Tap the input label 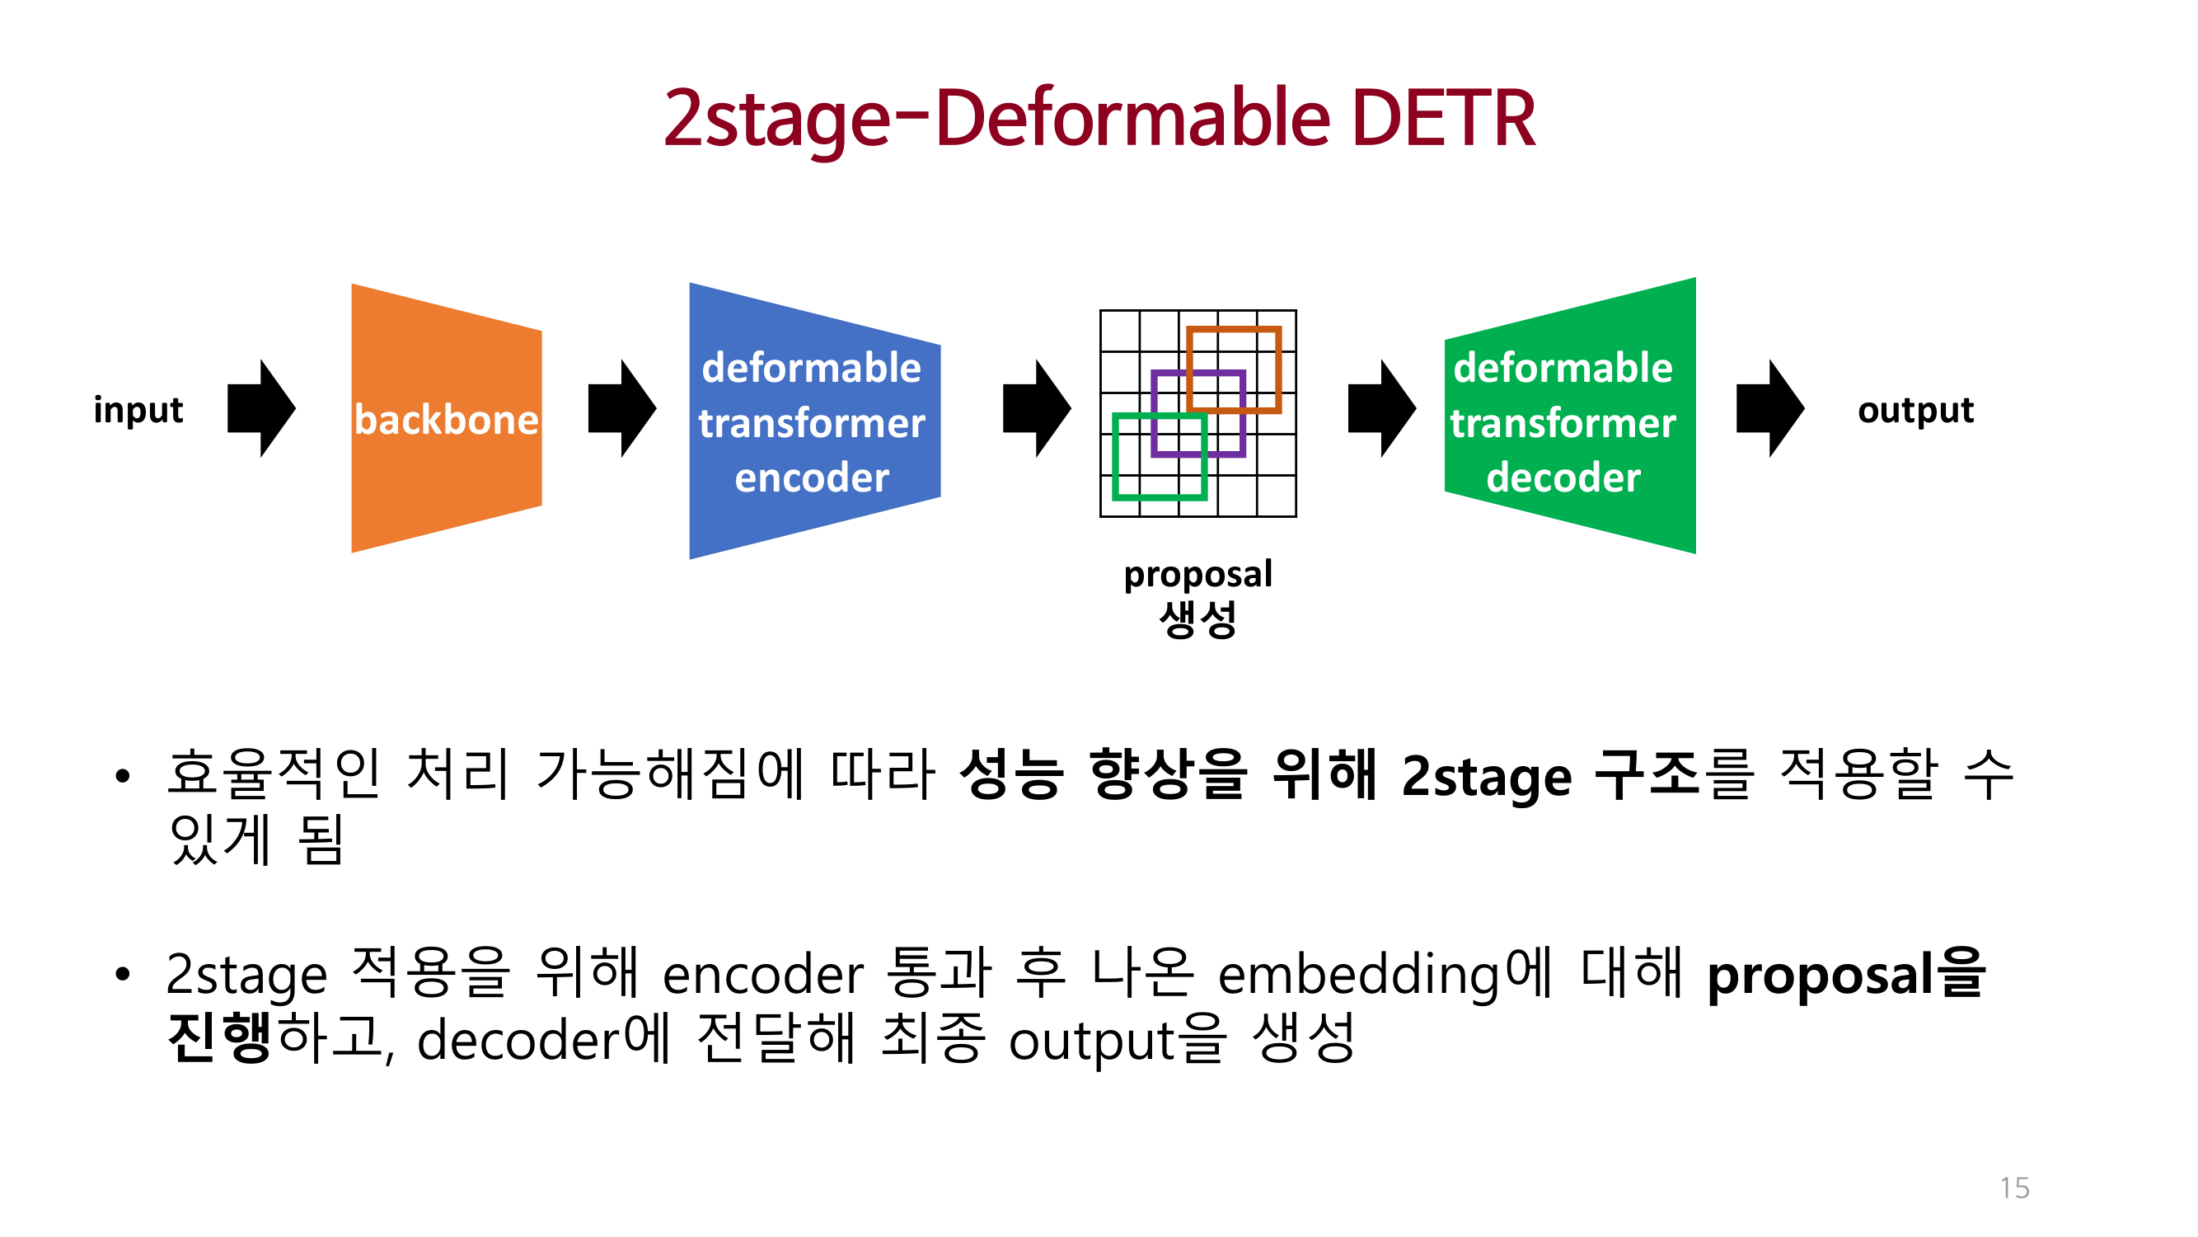point(138,410)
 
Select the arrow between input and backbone point(261,408)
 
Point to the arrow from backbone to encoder point(622,408)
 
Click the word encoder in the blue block point(812,477)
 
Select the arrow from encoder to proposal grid point(1037,408)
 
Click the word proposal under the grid point(1197,575)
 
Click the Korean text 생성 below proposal point(1197,619)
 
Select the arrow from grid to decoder point(1381,408)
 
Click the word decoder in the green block point(1563,477)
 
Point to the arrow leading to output point(1769,408)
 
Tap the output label point(1915,410)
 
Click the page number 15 point(2013,1188)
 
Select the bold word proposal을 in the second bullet point(1846,974)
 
